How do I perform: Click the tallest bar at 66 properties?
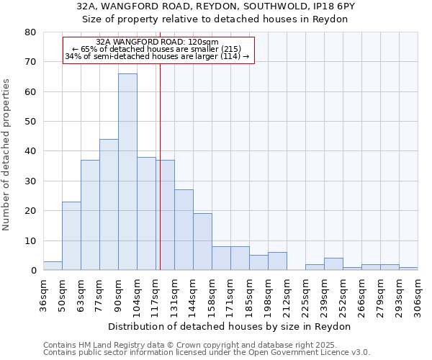click(127, 172)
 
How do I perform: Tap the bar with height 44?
click(109, 205)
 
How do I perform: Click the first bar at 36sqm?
click(53, 266)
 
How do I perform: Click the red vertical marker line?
click(160, 180)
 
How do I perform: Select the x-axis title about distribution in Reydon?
click(230, 326)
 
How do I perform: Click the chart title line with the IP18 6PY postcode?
click(215, 6)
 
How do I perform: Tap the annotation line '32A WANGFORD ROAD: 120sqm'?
click(158, 42)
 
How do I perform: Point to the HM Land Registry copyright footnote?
click(206, 346)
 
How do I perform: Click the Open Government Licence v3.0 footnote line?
click(206, 353)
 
